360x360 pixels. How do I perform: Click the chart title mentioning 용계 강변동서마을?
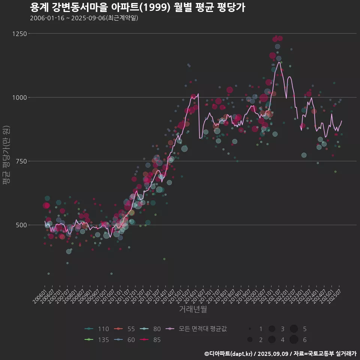click(x=137, y=7)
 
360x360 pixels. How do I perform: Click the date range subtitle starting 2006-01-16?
click(x=84, y=18)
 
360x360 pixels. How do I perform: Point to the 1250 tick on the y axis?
click(x=19, y=34)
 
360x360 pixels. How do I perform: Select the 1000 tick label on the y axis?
click(x=19, y=97)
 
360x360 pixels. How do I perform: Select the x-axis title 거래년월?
click(x=193, y=309)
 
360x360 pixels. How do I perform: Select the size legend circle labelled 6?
click(x=294, y=340)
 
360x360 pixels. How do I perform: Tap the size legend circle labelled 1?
click(x=250, y=329)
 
